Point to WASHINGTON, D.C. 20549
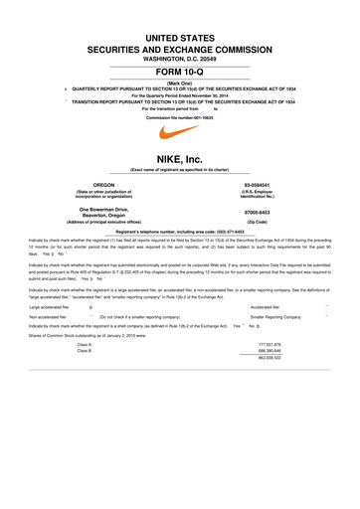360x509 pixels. [x=180, y=58]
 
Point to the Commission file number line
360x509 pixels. [x=180, y=116]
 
